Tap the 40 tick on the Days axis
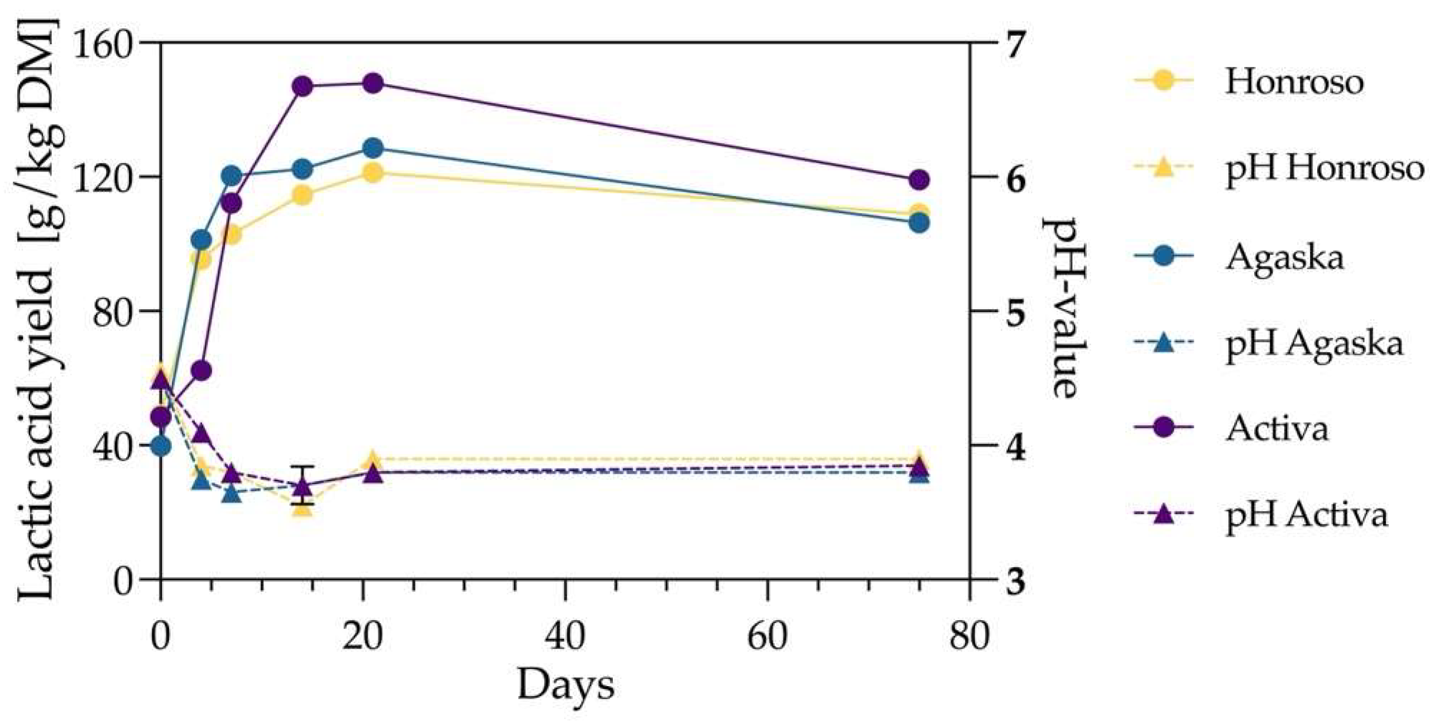(x=565, y=636)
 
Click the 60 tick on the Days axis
(x=768, y=636)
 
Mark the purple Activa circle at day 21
(x=373, y=84)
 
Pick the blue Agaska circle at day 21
(x=373, y=148)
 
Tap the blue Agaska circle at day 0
(x=161, y=446)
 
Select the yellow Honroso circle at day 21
(x=373, y=173)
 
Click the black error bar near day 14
(x=302, y=485)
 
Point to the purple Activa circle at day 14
(x=302, y=87)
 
